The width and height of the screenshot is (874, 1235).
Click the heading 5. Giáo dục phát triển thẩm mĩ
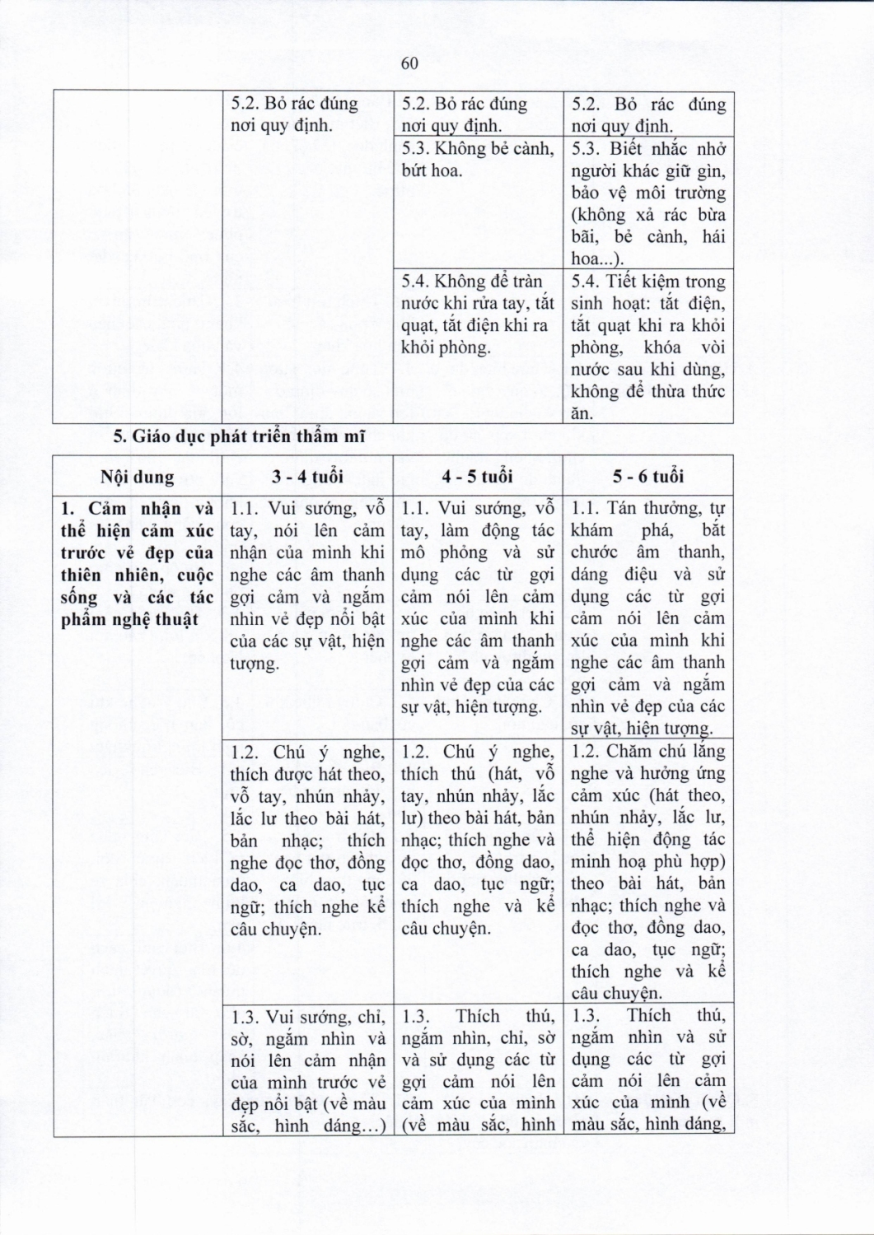click(239, 437)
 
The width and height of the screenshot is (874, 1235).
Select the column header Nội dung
click(138, 477)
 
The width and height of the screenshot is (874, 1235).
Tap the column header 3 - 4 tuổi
click(307, 477)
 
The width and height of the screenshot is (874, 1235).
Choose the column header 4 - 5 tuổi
click(477, 477)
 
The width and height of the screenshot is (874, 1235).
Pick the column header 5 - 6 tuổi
click(648, 477)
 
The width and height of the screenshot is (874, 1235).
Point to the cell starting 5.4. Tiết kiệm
click(648, 347)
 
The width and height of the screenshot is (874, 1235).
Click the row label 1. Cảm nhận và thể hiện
click(138, 563)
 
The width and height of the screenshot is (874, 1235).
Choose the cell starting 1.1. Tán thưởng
click(648, 617)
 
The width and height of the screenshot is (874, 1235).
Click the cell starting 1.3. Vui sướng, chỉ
click(307, 1070)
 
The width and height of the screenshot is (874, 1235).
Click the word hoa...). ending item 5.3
click(597, 259)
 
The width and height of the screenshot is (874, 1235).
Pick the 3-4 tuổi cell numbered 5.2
click(307, 114)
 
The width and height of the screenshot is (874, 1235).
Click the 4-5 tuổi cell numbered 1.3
click(477, 1070)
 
